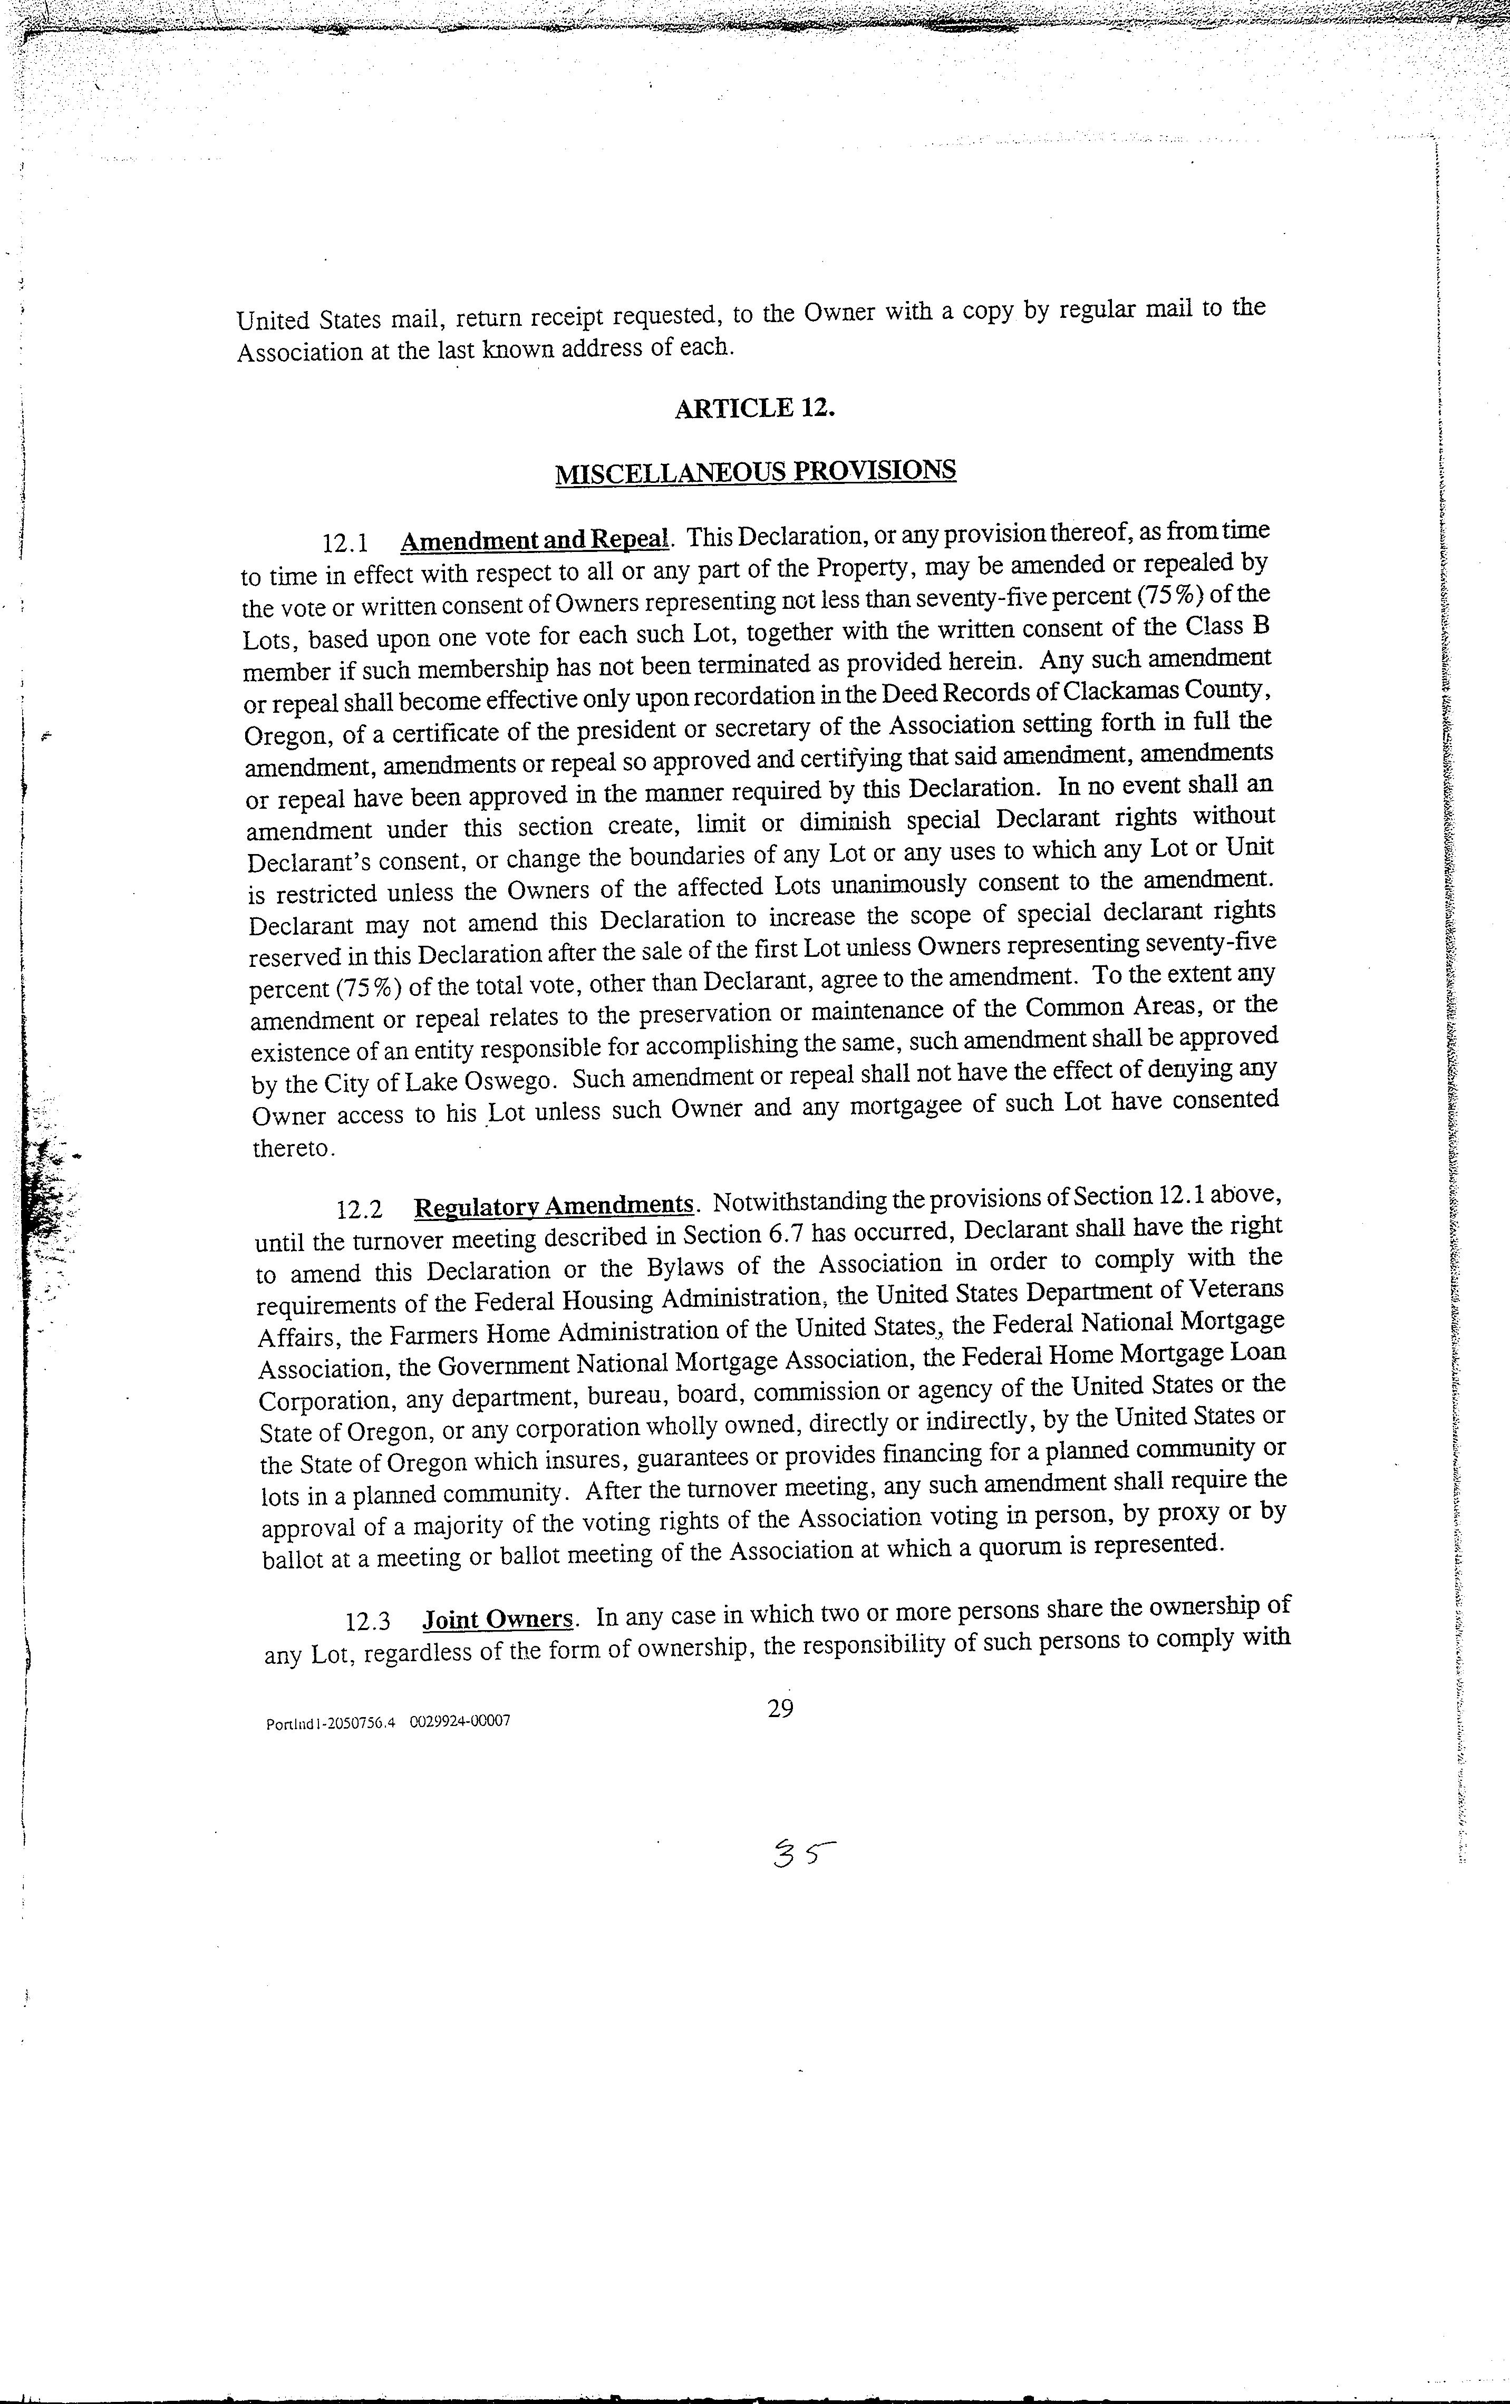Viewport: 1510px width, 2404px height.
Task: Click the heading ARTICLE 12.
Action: coord(754,409)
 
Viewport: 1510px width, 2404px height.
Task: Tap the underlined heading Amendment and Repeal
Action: coord(533,540)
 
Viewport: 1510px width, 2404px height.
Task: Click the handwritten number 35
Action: coord(802,1855)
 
